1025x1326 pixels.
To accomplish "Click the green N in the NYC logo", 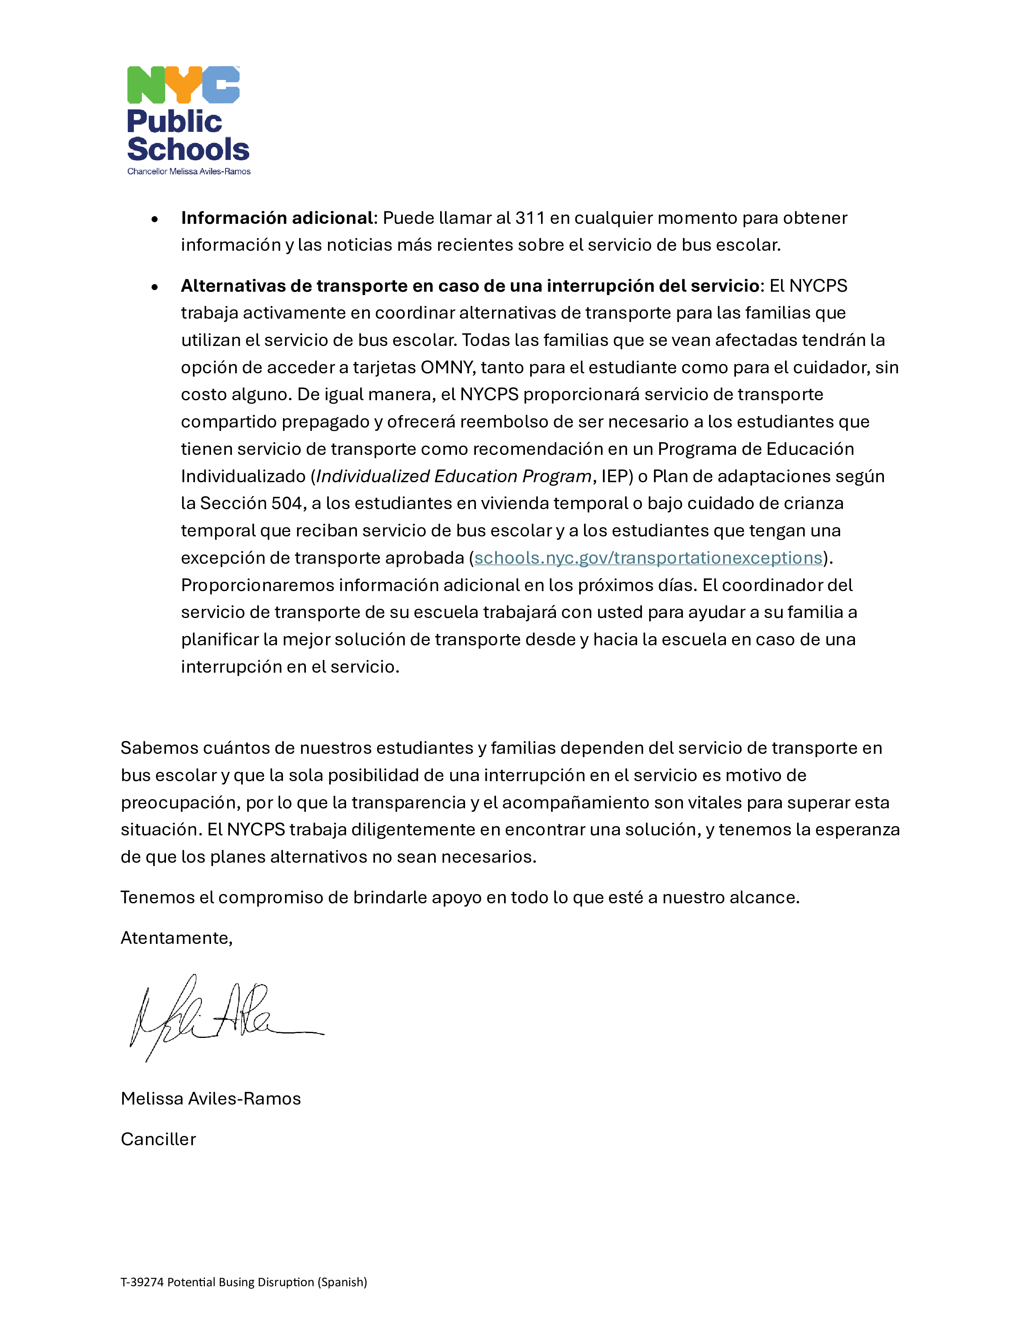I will click(x=146, y=85).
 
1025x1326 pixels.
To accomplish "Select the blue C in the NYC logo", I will click(x=221, y=85).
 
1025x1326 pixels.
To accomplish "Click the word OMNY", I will click(x=447, y=367).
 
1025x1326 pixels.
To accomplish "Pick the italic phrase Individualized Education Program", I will click(x=453, y=476).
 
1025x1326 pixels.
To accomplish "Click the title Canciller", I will click(x=158, y=1139).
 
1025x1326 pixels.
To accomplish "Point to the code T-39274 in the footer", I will click(x=142, y=1282).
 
